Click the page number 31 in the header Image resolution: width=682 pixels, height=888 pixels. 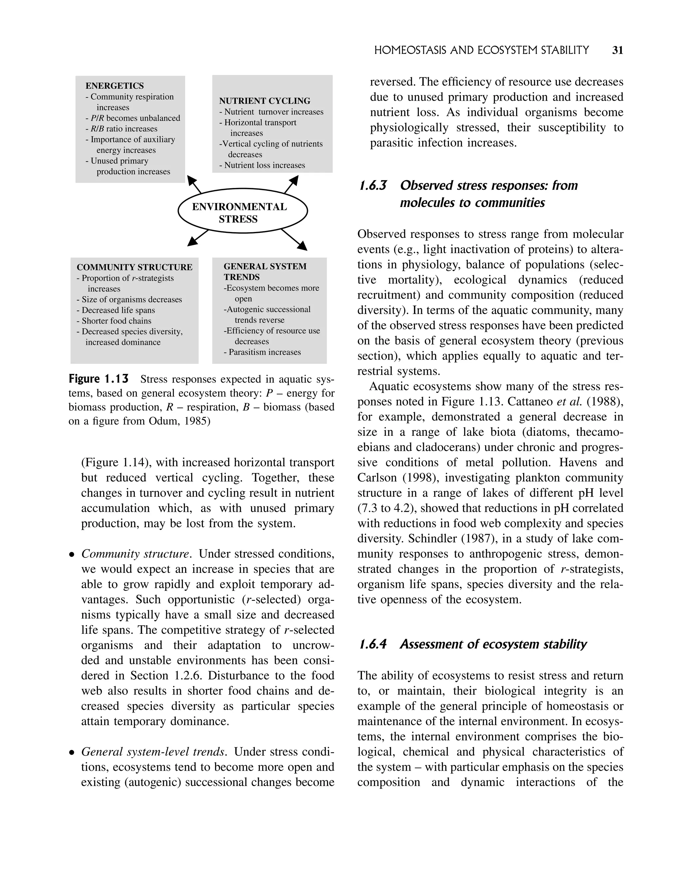[x=617, y=50]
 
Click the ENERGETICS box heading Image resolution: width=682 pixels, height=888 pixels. [x=115, y=86]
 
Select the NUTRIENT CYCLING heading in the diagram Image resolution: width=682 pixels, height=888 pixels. [x=265, y=101]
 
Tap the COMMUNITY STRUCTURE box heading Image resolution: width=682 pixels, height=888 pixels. [x=135, y=267]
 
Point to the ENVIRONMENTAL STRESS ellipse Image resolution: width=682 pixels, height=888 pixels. [x=243, y=211]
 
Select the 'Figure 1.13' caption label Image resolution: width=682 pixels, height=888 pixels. [x=99, y=379]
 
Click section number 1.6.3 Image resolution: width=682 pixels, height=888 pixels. [x=373, y=186]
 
